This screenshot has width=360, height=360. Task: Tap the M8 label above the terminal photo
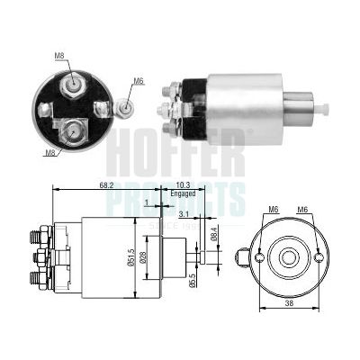click(x=59, y=56)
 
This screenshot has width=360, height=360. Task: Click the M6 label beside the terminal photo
click(x=139, y=82)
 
